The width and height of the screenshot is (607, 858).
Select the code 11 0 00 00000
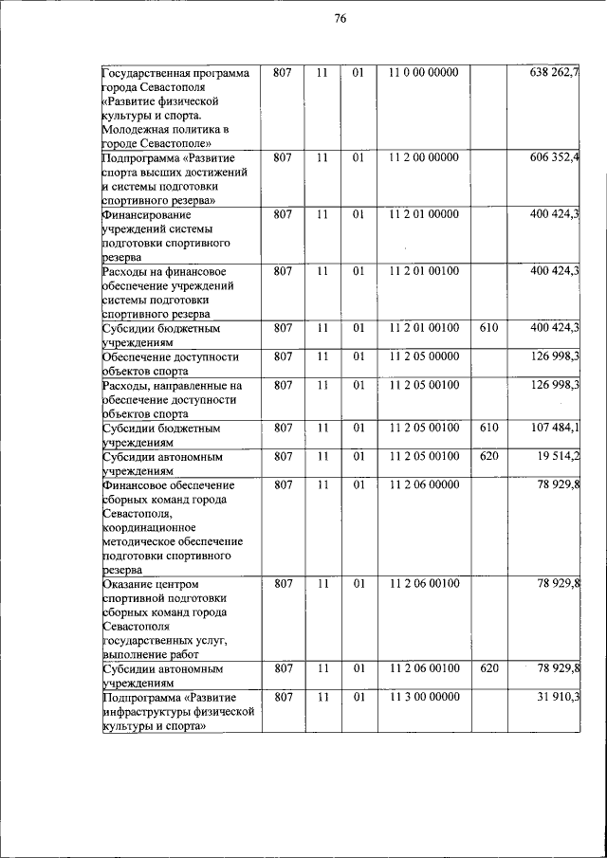423,72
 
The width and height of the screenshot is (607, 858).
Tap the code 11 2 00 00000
423,156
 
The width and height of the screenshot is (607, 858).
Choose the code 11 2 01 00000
423,214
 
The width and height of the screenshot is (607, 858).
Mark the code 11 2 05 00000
423,356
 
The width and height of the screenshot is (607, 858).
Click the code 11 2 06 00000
423,484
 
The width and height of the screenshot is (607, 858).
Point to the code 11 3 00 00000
423,697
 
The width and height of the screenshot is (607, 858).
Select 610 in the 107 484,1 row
489,428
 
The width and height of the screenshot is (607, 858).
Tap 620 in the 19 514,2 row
489,455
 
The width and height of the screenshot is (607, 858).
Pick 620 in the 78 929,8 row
489,668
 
